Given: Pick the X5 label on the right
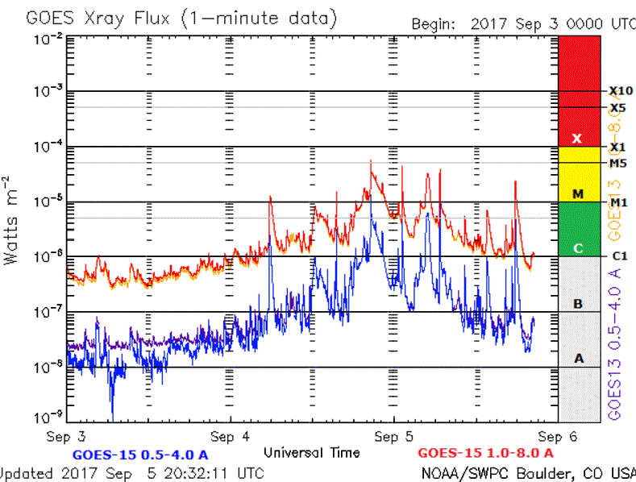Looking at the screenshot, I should pos(618,107).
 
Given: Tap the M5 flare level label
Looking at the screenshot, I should pos(618,163).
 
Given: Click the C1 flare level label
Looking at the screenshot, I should pos(620,256).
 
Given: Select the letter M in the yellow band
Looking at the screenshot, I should pos(578,194).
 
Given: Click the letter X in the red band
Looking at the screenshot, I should pos(577,139).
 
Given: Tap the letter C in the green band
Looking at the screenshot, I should pos(578,248).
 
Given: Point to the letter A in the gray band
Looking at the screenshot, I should pos(578,358).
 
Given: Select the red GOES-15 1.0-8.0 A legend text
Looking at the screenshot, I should pos(486,453).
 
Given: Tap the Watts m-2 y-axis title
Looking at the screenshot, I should pos(11,218).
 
